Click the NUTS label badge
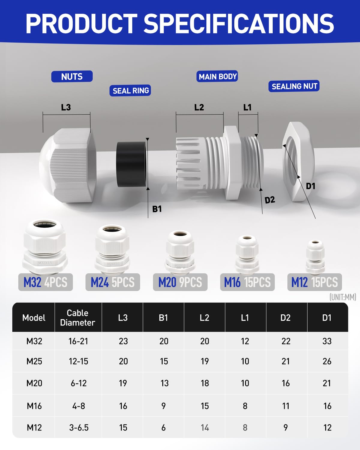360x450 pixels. pos(72,76)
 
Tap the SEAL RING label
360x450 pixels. pos(130,91)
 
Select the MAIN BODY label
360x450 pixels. pos(217,76)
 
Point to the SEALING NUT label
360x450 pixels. pos(294,86)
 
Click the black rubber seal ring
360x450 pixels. pos(131,164)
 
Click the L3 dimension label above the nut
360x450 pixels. pos(66,107)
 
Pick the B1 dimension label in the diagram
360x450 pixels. pos(157,209)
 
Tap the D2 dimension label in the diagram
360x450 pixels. pos(270,200)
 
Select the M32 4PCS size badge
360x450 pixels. pos(46,282)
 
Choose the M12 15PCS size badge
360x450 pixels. pos(315,282)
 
